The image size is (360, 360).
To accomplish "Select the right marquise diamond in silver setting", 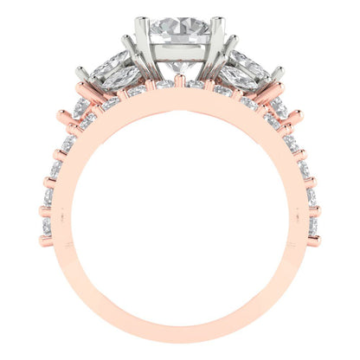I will (x=241, y=69).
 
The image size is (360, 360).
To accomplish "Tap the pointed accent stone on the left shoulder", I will (x=82, y=107).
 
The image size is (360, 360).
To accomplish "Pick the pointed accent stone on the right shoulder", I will (x=279, y=107).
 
